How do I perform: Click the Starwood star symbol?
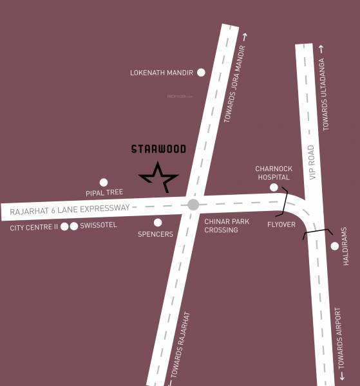tap(158, 176)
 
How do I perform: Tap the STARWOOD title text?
tap(158, 149)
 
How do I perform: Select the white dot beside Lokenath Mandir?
tap(201, 73)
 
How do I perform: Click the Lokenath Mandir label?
tap(162, 73)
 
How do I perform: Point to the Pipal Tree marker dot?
tap(104, 183)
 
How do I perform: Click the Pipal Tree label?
tap(104, 193)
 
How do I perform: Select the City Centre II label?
tap(33, 227)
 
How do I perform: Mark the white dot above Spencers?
tap(158, 223)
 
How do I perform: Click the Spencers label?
tap(155, 234)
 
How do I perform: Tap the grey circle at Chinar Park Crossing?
tap(193, 205)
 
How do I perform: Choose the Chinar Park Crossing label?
tap(227, 226)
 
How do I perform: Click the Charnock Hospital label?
tap(274, 173)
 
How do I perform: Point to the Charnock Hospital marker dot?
tap(274, 187)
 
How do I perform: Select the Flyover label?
tap(281, 224)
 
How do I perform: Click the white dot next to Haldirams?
tap(334, 246)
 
